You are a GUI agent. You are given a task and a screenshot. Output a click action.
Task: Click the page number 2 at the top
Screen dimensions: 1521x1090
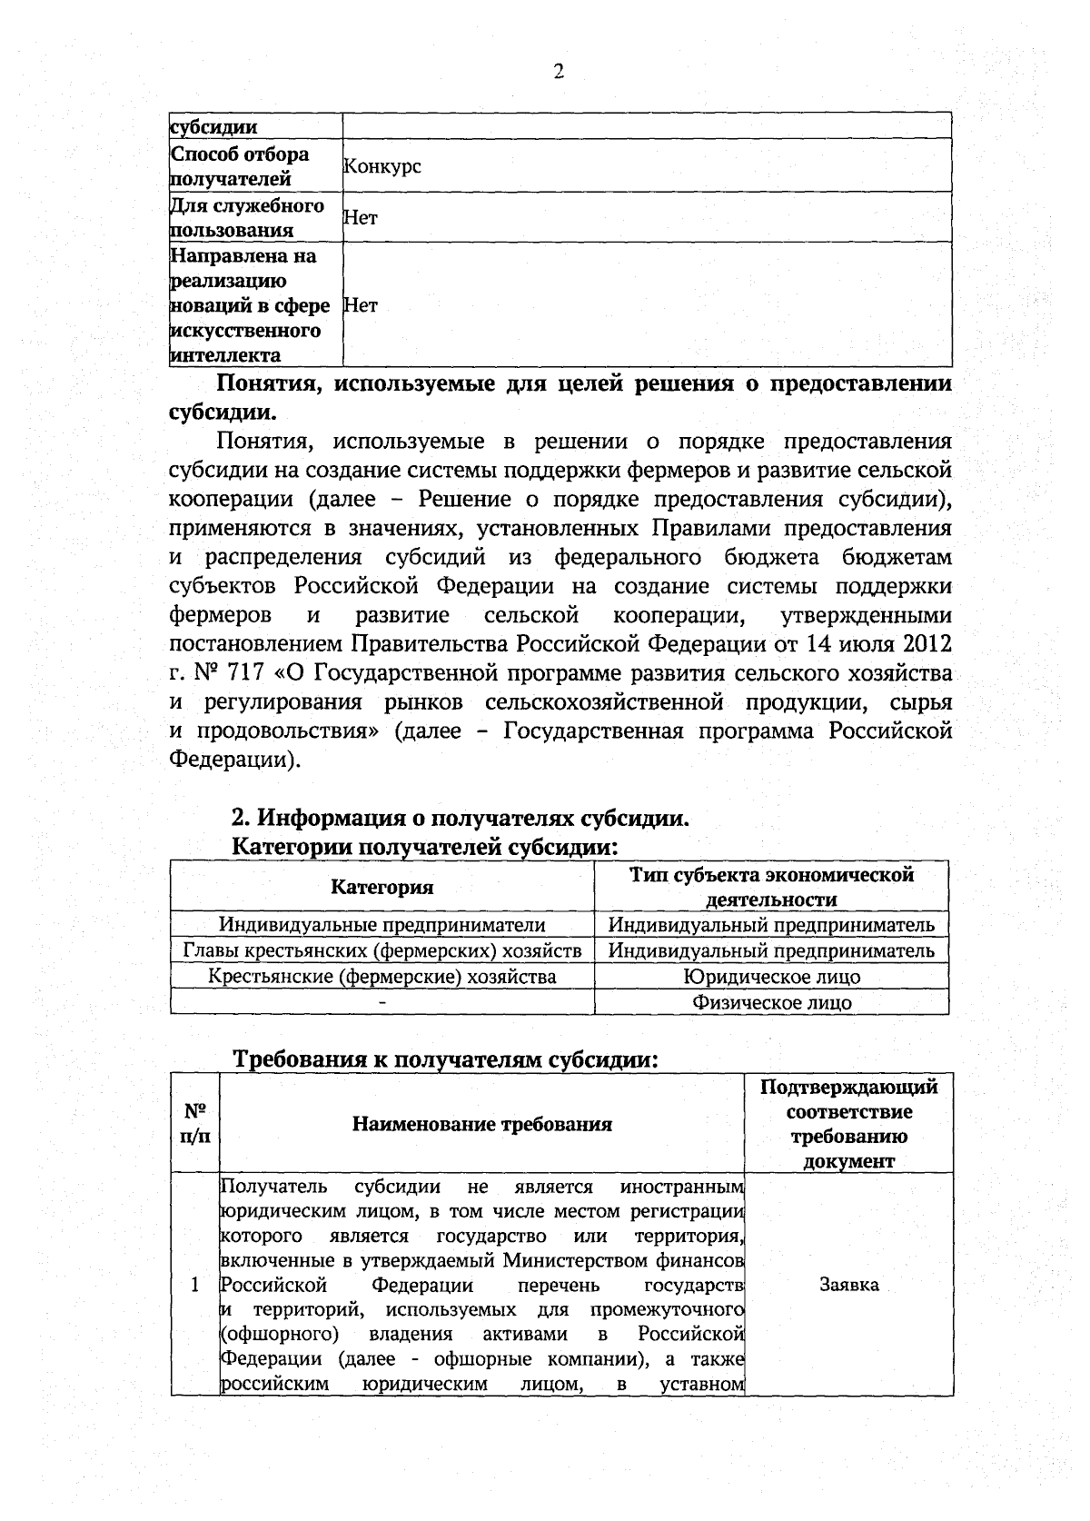559,72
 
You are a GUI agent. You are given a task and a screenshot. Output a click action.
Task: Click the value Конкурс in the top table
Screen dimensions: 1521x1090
381,167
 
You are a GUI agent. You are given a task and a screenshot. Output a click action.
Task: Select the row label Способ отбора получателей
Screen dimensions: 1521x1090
241,166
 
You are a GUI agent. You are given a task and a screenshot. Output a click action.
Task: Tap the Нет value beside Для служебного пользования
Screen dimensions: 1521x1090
361,217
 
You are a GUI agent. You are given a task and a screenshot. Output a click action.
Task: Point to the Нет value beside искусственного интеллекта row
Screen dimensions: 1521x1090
361,305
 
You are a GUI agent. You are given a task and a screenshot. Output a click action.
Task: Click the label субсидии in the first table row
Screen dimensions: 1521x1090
214,127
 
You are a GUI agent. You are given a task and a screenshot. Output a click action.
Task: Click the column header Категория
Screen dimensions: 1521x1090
381,887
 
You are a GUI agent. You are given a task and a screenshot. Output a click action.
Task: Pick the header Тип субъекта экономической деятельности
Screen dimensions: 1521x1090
771,887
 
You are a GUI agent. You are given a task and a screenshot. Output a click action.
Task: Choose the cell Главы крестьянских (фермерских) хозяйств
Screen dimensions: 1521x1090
381,950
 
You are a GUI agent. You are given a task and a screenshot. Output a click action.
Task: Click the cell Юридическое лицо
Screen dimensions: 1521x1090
771,977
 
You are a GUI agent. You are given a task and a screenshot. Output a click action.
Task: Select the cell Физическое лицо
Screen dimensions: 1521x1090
771,1002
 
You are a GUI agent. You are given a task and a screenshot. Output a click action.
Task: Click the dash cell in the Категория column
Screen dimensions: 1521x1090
381,1002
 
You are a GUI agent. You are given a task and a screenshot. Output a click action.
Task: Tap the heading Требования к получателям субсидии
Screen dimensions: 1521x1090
446,1059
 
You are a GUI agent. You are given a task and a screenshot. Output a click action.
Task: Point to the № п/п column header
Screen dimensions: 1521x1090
194,1124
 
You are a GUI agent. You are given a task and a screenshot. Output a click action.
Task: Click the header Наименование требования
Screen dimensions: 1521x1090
482,1124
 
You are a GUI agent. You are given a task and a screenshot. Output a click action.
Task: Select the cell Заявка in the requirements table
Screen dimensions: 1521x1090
848,1285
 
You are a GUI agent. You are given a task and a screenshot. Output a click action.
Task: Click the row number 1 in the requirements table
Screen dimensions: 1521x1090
194,1285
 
